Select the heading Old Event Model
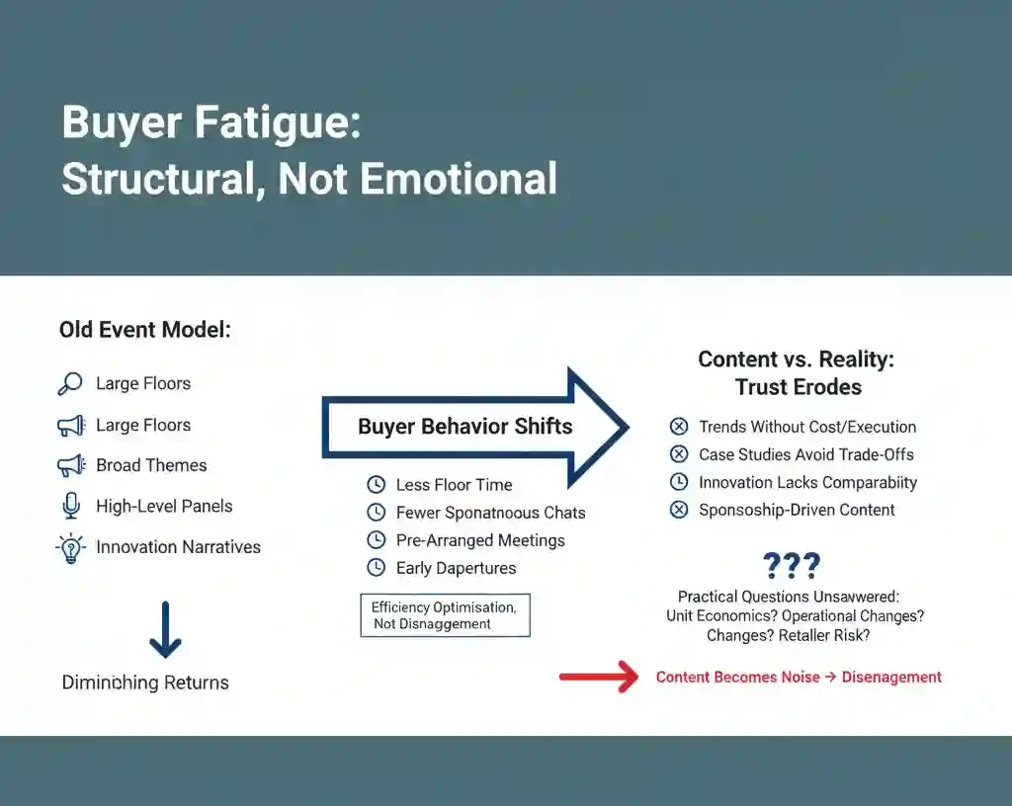coord(144,330)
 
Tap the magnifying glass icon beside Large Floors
coord(70,384)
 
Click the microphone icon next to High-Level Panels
coord(70,507)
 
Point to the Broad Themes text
coord(151,465)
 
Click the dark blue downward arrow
coord(165,629)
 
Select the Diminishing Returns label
coord(145,683)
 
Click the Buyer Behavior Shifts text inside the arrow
coord(464,427)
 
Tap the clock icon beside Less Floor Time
coord(376,485)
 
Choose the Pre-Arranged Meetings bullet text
coord(480,540)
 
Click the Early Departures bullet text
coord(456,568)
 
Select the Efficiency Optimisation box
coord(445,614)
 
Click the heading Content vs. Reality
coord(797,360)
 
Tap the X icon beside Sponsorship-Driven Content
coord(679,511)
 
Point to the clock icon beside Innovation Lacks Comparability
coord(679,483)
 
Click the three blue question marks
coord(792,566)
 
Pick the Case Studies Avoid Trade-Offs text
coord(805,454)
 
